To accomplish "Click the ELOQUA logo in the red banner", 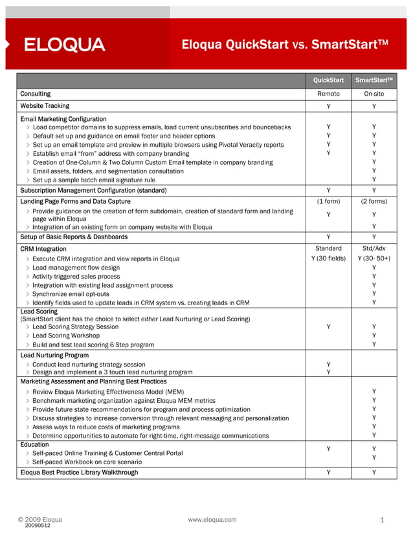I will [x=64, y=45].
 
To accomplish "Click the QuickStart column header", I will [x=328, y=81].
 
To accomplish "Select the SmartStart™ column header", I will [x=374, y=81].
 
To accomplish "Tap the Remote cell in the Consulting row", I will [x=328, y=94].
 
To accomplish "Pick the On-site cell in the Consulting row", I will [x=374, y=94].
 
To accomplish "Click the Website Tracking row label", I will [x=45, y=105].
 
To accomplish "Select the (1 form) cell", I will [x=328, y=201].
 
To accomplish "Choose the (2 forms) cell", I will [x=374, y=201].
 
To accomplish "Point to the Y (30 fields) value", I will [x=328, y=259].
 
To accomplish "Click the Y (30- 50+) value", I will [x=374, y=259].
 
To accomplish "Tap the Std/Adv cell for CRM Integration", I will [x=374, y=248].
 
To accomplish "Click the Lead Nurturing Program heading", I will [x=54, y=355].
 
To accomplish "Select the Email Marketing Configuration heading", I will [x=63, y=119].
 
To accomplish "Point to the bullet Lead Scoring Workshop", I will [x=66, y=336].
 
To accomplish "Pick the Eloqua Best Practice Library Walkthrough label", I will [x=79, y=473].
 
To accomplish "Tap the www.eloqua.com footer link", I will [x=212, y=519].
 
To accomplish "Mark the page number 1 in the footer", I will [x=382, y=520].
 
